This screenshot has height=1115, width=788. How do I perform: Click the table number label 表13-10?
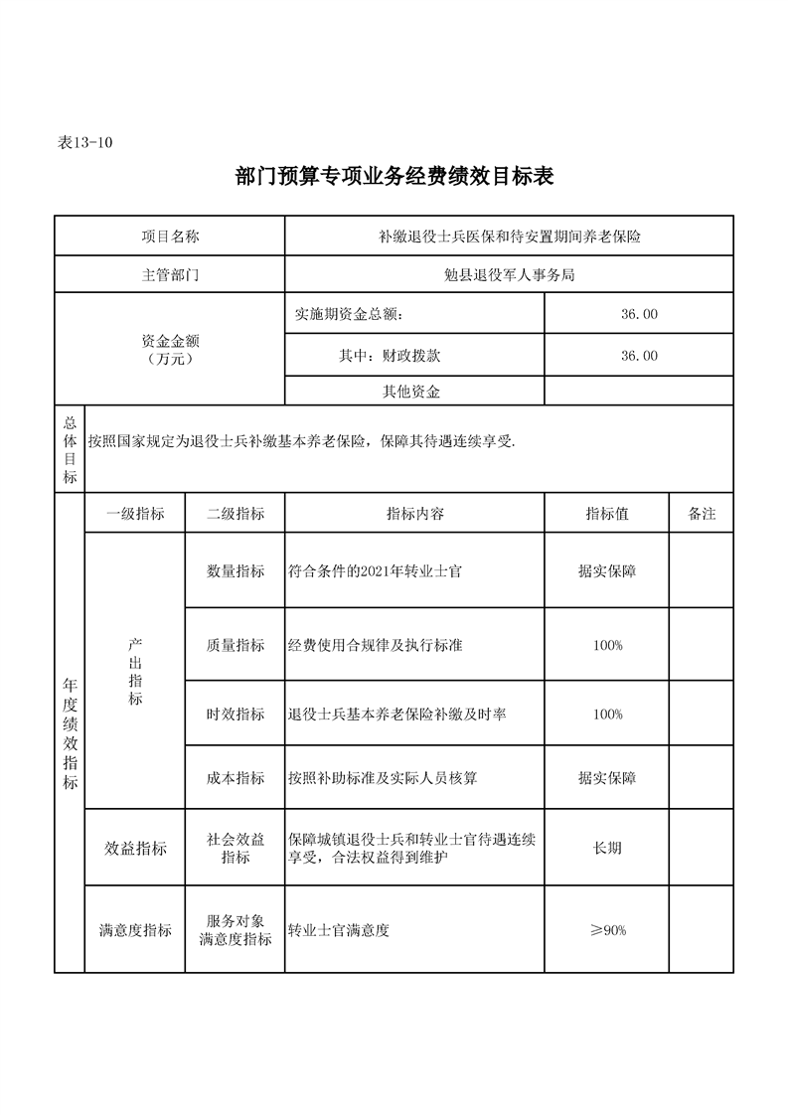click(x=85, y=143)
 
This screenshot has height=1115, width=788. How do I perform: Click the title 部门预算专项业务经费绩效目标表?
click(x=394, y=177)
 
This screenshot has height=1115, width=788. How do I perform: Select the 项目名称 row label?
click(x=170, y=237)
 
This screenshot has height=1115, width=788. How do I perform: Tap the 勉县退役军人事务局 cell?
click(x=509, y=275)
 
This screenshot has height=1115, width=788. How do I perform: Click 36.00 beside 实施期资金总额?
click(x=638, y=314)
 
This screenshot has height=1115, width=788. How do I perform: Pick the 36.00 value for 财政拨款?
click(x=638, y=355)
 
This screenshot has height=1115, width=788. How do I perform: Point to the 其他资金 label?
click(x=411, y=392)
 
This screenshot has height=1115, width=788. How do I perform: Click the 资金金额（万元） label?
click(x=170, y=349)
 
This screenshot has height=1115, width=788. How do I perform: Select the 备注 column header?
click(x=702, y=514)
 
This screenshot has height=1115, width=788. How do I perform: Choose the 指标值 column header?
click(x=606, y=514)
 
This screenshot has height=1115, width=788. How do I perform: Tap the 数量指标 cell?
click(x=236, y=571)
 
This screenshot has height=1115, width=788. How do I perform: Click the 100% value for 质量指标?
click(x=607, y=645)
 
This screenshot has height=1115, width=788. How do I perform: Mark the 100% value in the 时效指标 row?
click(x=607, y=715)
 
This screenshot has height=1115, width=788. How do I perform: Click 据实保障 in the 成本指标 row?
click(x=607, y=778)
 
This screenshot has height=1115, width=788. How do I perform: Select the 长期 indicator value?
click(x=607, y=848)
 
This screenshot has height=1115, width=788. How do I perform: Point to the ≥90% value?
click(x=607, y=930)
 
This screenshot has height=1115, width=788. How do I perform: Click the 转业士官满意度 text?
click(x=338, y=931)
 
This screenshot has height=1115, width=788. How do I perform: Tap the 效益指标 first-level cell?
click(x=136, y=849)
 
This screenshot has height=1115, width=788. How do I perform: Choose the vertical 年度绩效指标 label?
click(x=70, y=735)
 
